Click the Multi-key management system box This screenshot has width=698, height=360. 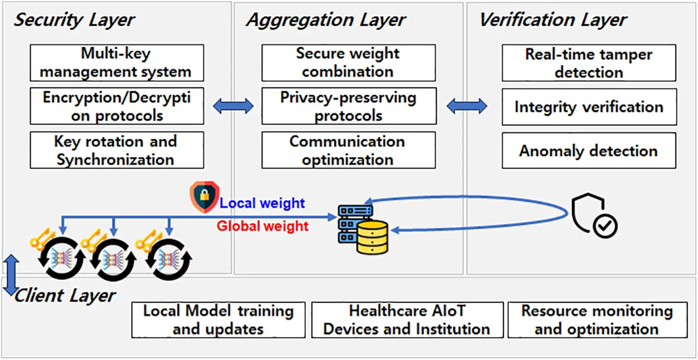[x=116, y=63]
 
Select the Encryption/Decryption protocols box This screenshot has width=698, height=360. [x=116, y=106]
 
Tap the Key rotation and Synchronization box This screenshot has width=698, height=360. [x=116, y=150]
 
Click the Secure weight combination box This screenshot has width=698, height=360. [x=348, y=63]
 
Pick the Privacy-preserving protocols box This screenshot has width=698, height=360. [x=348, y=106]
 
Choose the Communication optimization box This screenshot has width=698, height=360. [x=348, y=150]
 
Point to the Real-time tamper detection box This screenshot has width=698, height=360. [x=589, y=63]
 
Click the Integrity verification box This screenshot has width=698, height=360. [x=589, y=106]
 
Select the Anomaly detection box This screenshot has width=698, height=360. [x=589, y=151]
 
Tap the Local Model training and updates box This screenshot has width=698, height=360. [x=218, y=320]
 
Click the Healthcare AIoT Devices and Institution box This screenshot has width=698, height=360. [x=407, y=320]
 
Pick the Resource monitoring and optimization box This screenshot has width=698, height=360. [x=597, y=320]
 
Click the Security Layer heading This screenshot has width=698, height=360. [x=74, y=21]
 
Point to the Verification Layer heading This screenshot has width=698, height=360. [x=553, y=21]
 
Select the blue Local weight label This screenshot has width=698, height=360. [x=262, y=203]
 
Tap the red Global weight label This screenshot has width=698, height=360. [x=262, y=226]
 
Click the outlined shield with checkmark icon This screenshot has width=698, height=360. [x=593, y=216]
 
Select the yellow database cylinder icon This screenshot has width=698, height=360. [x=372, y=237]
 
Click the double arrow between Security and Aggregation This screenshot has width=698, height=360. [x=233, y=106]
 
